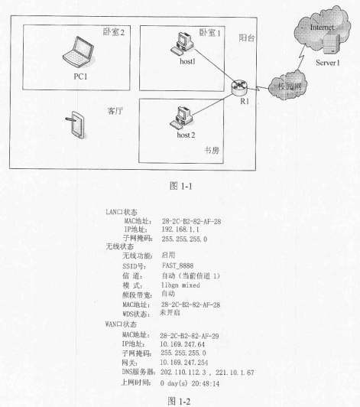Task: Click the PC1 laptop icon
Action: pyautogui.click(x=79, y=52)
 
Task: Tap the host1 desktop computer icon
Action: pyautogui.click(x=182, y=44)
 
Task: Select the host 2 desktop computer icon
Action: pyautogui.click(x=181, y=118)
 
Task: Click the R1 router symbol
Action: pyautogui.click(x=239, y=87)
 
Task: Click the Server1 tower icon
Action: pyautogui.click(x=331, y=44)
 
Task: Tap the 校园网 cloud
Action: pyautogui.click(x=288, y=85)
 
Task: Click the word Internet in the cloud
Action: pyautogui.click(x=322, y=28)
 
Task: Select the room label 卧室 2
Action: pyautogui.click(x=114, y=32)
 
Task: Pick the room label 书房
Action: pyautogui.click(x=212, y=150)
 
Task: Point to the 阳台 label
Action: pyautogui.click(x=247, y=38)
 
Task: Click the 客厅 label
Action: pyautogui.click(x=115, y=111)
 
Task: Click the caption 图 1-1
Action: pyautogui.click(x=181, y=186)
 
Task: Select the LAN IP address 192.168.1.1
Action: pyautogui.click(x=180, y=230)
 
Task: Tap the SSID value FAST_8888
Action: pyautogui.click(x=177, y=265)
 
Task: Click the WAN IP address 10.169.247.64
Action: pyautogui.click(x=182, y=344)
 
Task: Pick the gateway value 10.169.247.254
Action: pyautogui.click(x=184, y=363)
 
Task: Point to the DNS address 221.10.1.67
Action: pyautogui.click(x=235, y=373)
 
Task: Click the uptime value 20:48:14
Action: pyautogui.click(x=206, y=383)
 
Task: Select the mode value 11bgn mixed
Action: pyautogui.click(x=180, y=285)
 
